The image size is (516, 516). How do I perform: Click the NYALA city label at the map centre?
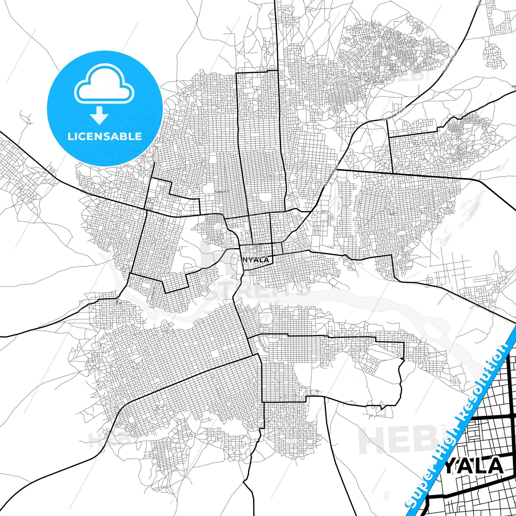[256, 260]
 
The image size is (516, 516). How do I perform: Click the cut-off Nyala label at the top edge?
[479, 4]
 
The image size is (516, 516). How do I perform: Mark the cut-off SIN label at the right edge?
[514, 86]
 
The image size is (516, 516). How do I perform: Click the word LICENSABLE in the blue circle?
[105, 136]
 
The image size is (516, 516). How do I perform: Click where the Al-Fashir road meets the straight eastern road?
[336, 169]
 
